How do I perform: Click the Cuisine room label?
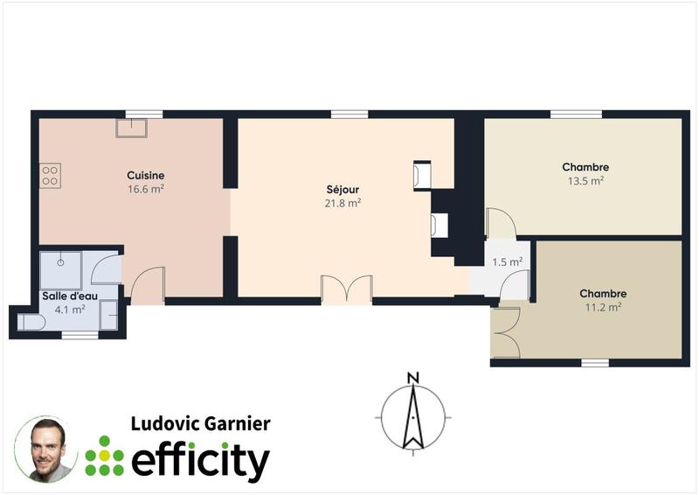(x=145, y=175)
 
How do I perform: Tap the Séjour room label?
(x=343, y=189)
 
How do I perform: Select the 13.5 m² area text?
(x=585, y=181)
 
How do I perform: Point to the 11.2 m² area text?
(x=603, y=307)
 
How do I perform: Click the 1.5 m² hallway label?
(x=508, y=261)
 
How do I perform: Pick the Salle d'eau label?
(x=70, y=296)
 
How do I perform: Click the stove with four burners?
(x=50, y=175)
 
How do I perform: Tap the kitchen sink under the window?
(x=132, y=128)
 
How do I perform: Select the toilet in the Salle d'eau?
(x=31, y=322)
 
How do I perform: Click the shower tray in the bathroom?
(x=60, y=270)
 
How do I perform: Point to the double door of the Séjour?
(x=347, y=289)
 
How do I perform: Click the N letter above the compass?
(x=413, y=378)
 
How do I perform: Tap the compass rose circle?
(x=413, y=416)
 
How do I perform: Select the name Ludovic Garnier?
(x=200, y=424)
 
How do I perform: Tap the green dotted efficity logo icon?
(x=104, y=456)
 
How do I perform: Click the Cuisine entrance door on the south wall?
(x=148, y=286)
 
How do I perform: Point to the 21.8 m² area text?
(x=343, y=203)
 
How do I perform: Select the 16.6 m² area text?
(x=145, y=189)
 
